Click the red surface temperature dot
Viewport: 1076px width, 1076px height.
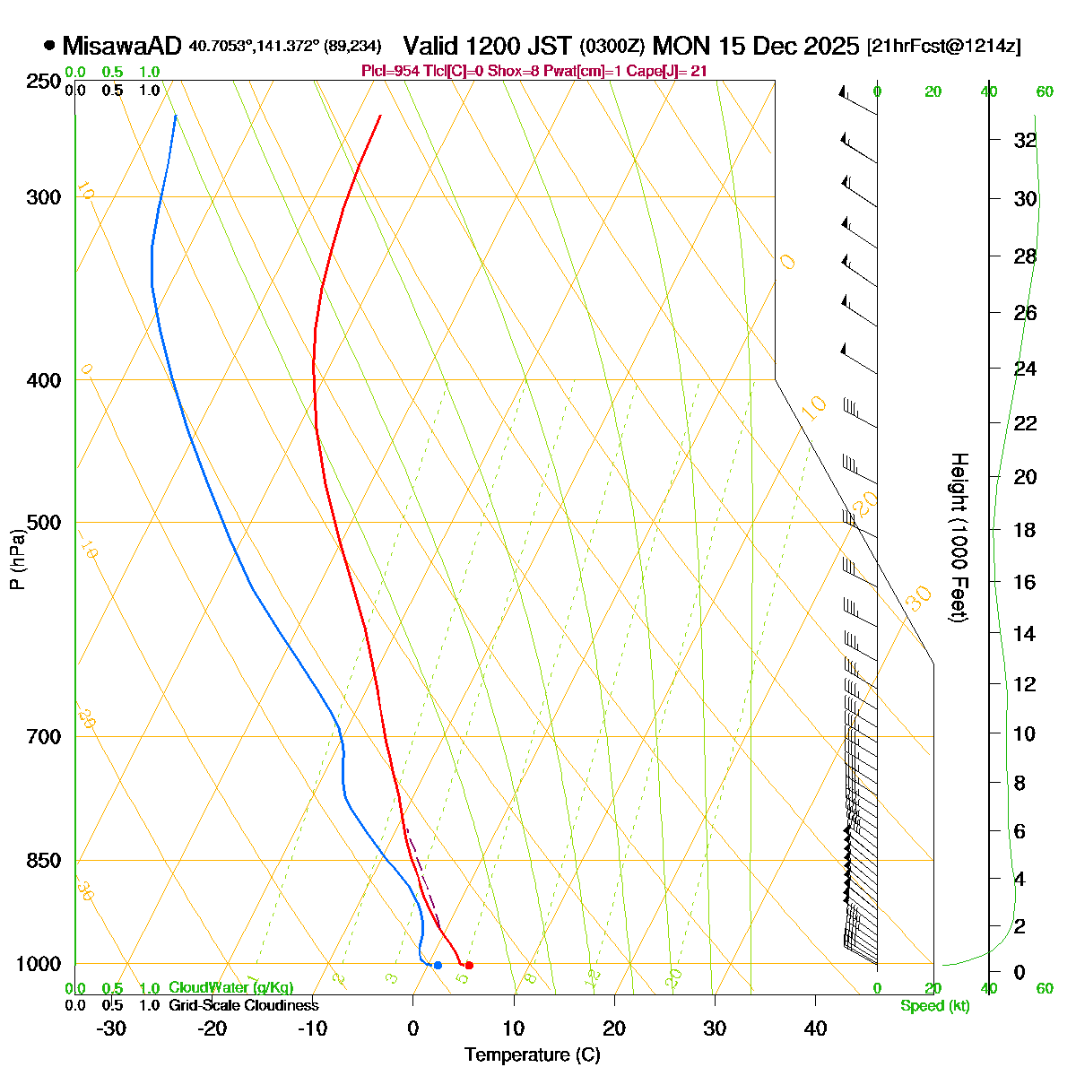click(x=469, y=965)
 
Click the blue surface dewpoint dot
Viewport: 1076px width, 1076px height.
click(x=438, y=965)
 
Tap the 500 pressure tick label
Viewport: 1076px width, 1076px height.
click(x=45, y=523)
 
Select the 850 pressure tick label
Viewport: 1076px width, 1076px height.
click(x=45, y=861)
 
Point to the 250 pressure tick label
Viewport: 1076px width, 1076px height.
click(x=45, y=82)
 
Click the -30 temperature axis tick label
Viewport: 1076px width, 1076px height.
click(x=110, y=1028)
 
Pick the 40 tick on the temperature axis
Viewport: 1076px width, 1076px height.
click(x=815, y=1028)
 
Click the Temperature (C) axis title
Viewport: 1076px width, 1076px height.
click(x=533, y=1054)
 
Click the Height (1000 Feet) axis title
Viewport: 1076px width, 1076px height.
click(x=959, y=538)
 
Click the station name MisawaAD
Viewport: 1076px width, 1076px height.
click(x=122, y=46)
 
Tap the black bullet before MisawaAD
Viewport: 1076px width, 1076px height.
click(x=49, y=45)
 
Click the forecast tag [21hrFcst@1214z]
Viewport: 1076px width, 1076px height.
click(x=943, y=47)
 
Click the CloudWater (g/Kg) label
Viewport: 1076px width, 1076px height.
click(x=231, y=987)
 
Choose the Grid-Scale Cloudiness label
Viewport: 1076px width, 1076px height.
click(x=244, y=1005)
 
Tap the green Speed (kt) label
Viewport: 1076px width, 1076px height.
click(x=935, y=1005)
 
